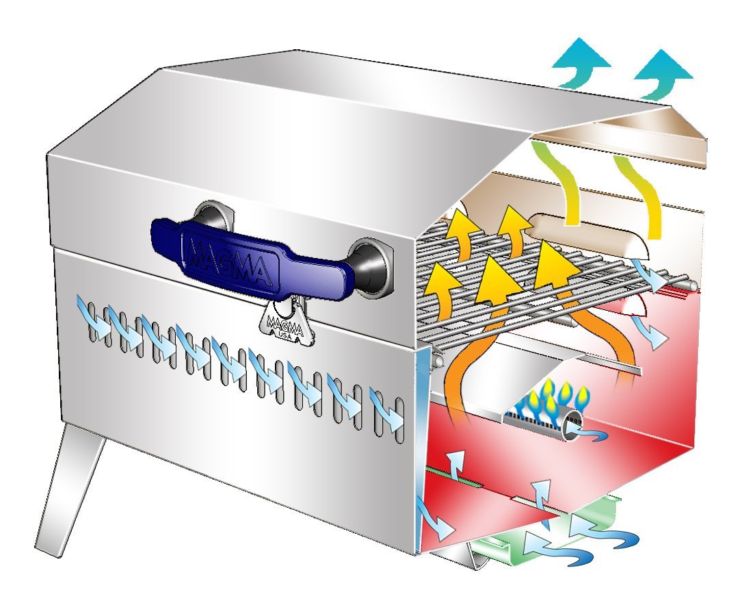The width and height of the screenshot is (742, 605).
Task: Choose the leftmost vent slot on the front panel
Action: (x=93, y=321)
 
